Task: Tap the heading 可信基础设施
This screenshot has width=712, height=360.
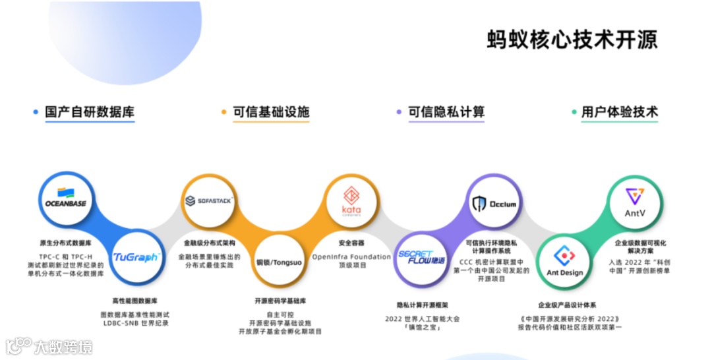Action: tap(271, 112)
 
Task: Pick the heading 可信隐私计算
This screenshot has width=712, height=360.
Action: tap(446, 112)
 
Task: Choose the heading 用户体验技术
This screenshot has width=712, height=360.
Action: tap(620, 112)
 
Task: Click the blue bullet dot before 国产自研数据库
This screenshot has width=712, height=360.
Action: tap(36, 113)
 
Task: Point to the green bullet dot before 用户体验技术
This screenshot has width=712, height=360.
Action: tap(574, 113)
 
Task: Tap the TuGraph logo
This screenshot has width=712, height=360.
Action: tap(136, 256)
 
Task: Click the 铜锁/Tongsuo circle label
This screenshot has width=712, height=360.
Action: tap(279, 262)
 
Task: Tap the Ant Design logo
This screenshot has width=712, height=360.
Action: tap(565, 262)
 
